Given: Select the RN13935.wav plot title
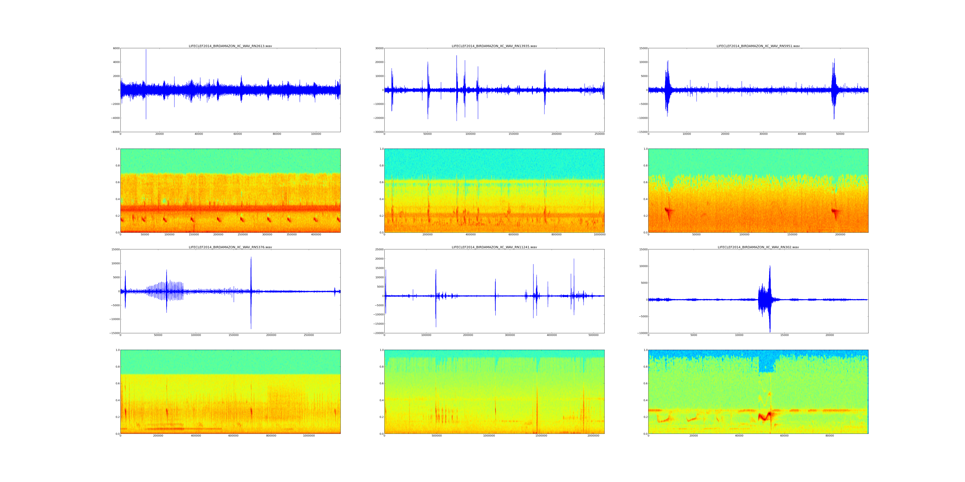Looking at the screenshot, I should point(494,46).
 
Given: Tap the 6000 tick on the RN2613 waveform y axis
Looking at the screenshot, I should point(116,48).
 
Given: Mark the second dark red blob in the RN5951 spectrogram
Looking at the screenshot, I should point(835,211).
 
